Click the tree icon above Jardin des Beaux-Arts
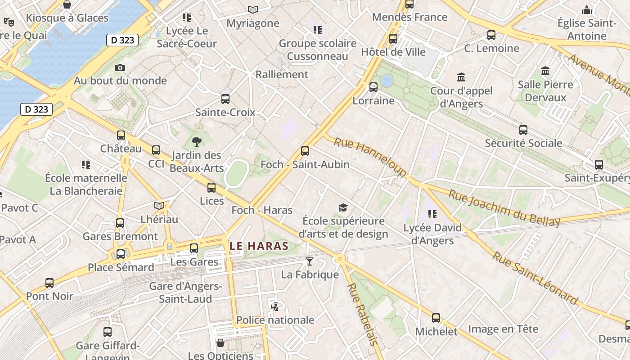[x=197, y=142]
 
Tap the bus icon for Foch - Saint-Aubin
[x=305, y=151]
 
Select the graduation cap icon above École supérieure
[x=343, y=207]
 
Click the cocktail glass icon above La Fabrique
[x=309, y=261]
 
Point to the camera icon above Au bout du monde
[x=120, y=67]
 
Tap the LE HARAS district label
[x=259, y=246]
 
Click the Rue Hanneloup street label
[x=370, y=156]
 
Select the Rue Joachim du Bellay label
[x=504, y=208]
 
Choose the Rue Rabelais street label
[x=361, y=314]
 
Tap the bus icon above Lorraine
[x=373, y=87]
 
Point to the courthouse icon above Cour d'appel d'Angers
[x=461, y=77]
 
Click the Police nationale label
[x=275, y=320]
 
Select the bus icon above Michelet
[x=436, y=318]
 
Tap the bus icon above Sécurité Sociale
[x=523, y=130]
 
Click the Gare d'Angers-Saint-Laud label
[x=185, y=292]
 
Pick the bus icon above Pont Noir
[x=49, y=283]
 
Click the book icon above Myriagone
[x=253, y=9]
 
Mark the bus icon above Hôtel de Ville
[x=393, y=39]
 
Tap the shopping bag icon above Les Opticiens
[x=220, y=343]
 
